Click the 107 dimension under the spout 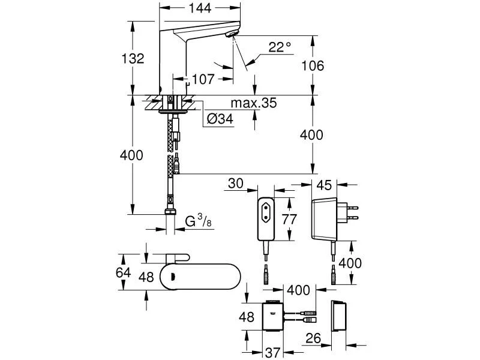tap(203, 79)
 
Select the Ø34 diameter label tap(220, 118)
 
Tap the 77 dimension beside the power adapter tap(289, 220)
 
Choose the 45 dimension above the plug tap(324, 185)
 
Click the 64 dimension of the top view tap(123, 272)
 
